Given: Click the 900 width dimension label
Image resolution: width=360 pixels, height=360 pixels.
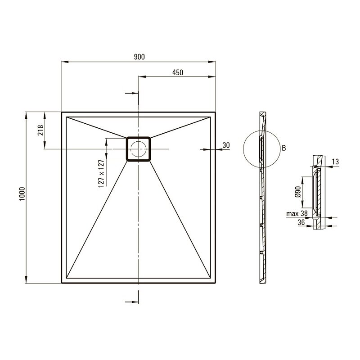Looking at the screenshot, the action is click(x=139, y=57).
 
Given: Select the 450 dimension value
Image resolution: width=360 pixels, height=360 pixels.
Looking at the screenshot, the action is click(x=178, y=72).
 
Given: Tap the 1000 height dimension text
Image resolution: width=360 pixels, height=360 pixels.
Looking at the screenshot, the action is click(x=22, y=194).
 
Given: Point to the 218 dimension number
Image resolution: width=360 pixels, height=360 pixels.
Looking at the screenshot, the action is click(x=40, y=130).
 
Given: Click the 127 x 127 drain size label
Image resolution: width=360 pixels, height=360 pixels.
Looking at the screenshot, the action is click(x=101, y=174).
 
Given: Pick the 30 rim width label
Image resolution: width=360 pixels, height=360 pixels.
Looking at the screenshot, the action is click(x=226, y=145).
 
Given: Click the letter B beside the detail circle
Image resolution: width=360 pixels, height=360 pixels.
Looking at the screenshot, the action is click(x=284, y=148).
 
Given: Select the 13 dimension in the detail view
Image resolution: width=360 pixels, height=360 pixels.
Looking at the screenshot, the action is click(x=335, y=162).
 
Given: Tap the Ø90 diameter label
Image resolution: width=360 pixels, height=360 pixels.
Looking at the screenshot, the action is click(x=298, y=192).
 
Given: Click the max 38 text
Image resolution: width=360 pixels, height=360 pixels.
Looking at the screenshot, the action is click(x=297, y=213).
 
